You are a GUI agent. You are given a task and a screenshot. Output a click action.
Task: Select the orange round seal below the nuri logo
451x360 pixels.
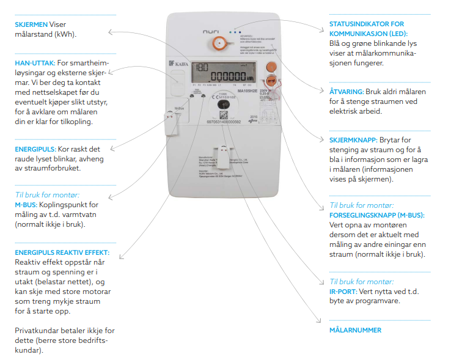click(x=218, y=43)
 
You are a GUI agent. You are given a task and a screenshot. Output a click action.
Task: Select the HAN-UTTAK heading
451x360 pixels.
click(x=34, y=63)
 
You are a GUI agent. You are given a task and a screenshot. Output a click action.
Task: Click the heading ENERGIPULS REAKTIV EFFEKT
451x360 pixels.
click(x=62, y=252)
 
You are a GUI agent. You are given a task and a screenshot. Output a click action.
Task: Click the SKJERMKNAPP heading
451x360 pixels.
click(x=353, y=140)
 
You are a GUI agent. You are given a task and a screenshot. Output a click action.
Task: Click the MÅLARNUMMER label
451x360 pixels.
click(x=355, y=330)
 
